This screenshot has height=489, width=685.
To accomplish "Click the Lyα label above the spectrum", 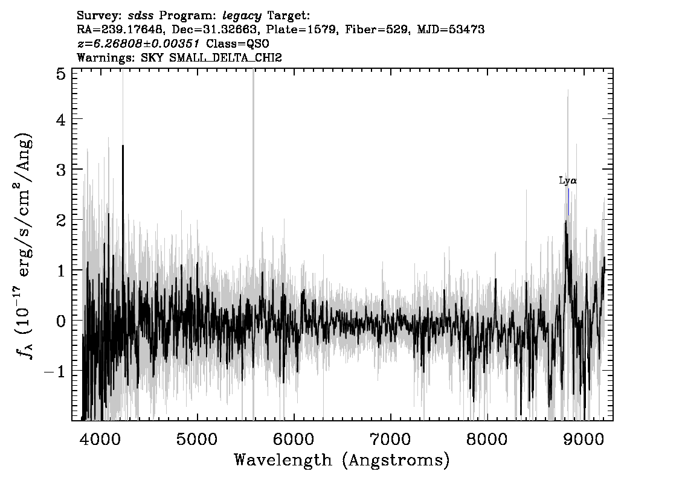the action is [x=568, y=181].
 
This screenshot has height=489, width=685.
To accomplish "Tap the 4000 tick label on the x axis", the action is [x=100, y=439].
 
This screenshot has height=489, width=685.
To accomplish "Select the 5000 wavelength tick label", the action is [x=197, y=439].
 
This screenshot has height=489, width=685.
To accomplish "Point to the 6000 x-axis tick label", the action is [x=294, y=439].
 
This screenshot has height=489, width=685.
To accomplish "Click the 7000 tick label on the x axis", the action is [x=390, y=439].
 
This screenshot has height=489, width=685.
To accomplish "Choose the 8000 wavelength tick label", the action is [x=487, y=439].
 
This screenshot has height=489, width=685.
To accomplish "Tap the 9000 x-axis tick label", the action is [x=583, y=439].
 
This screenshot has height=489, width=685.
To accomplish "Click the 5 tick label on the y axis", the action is [x=61, y=74].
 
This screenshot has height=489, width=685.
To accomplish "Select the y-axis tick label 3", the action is [x=61, y=170].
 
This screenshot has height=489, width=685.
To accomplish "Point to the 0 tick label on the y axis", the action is [x=61, y=321].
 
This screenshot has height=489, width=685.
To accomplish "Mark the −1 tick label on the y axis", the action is [x=55, y=371].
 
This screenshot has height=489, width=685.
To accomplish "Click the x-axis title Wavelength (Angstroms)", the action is [x=342, y=461].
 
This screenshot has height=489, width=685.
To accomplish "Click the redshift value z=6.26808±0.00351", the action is [x=138, y=43].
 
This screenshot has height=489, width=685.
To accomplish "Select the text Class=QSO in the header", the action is [x=237, y=43].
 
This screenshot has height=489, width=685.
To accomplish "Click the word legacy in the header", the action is [x=242, y=16].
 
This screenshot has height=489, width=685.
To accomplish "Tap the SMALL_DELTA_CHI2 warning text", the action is [x=225, y=57].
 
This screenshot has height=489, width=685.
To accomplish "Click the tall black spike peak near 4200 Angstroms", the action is [x=123, y=146].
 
